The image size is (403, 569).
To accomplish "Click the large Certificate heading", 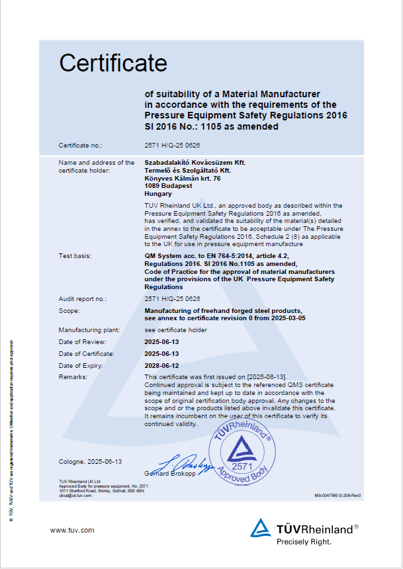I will (113, 63).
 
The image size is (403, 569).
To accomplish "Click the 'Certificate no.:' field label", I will (80, 144).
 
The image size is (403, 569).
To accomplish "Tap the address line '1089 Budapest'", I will (166, 187).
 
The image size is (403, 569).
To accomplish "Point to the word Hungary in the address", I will (157, 195).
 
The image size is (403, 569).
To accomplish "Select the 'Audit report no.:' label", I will (83, 299).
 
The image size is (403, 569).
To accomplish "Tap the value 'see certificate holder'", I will (175, 329).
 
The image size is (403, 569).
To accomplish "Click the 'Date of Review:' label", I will (82, 341).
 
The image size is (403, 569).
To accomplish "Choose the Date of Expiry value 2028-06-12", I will (161, 365).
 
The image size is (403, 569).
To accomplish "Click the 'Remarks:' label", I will (73, 376).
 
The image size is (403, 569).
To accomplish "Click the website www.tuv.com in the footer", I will (72, 530).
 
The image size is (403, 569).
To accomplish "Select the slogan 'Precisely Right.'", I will (304, 541).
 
